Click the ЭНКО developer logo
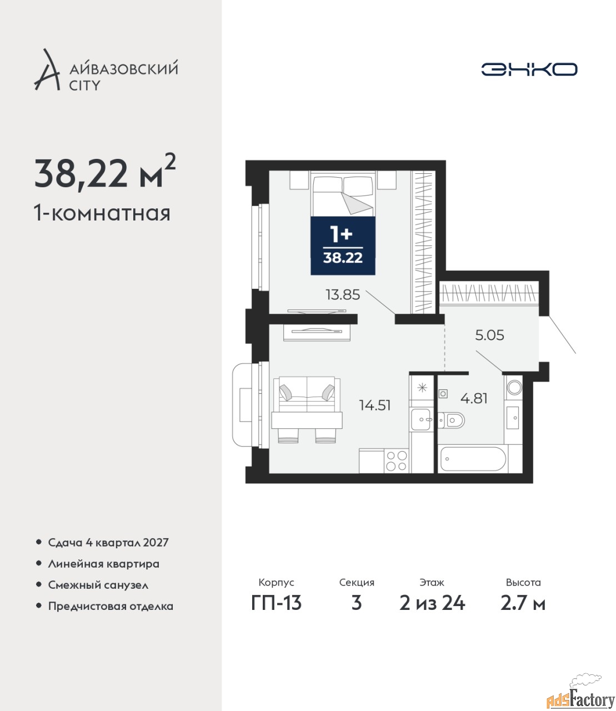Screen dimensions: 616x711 [x=529, y=69]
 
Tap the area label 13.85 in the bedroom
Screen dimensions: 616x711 [x=343, y=295]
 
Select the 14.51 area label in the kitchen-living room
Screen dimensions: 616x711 [x=374, y=405]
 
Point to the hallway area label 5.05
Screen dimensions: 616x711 [x=489, y=335]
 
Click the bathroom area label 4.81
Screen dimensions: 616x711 [x=474, y=398]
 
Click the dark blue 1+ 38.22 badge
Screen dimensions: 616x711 [x=343, y=246]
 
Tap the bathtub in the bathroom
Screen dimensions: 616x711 [x=473, y=459]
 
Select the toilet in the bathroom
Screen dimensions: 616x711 [x=451, y=420]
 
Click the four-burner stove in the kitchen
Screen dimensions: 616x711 [x=396, y=461]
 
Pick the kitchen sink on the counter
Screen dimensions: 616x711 [x=421, y=419]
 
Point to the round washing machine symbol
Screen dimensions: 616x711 [x=514, y=387]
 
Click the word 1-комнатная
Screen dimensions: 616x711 [x=102, y=213]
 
